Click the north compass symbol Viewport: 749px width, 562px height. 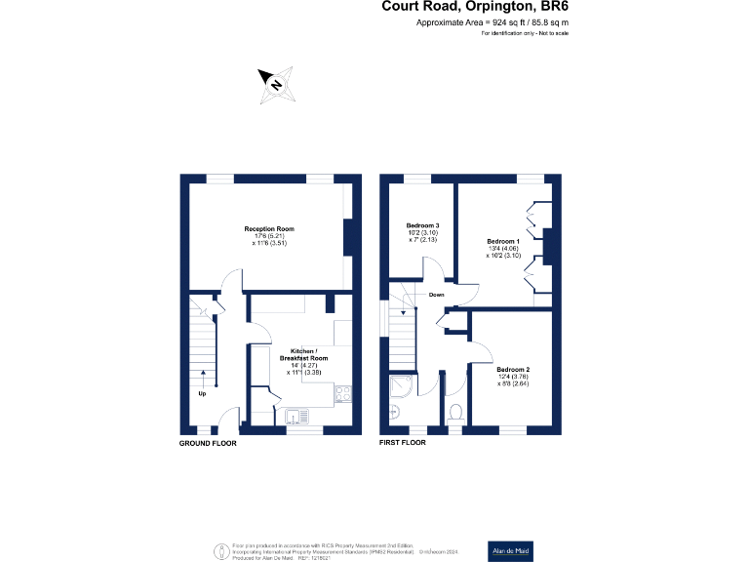click(x=276, y=86)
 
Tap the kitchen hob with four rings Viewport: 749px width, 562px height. click(x=343, y=395)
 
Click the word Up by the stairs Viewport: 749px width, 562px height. click(x=202, y=395)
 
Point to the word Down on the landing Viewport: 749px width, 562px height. click(x=437, y=294)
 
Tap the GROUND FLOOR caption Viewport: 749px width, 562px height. click(x=208, y=443)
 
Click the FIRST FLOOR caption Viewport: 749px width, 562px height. click(x=403, y=443)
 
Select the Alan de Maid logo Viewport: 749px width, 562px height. click(x=510, y=550)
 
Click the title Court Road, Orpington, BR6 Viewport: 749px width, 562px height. click(x=475, y=8)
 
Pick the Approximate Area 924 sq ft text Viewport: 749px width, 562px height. click(x=493, y=22)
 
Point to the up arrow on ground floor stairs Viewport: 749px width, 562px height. click(x=202, y=378)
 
